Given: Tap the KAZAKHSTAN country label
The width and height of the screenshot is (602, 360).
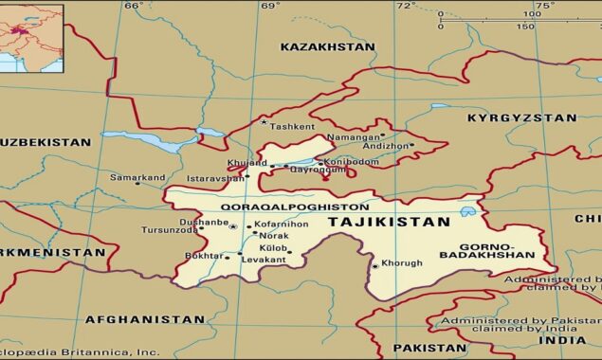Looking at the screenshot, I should click(x=327, y=46).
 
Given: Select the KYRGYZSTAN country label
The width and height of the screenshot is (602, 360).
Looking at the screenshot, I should click(x=521, y=118).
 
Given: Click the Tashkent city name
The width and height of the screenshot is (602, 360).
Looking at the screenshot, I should click(x=291, y=126).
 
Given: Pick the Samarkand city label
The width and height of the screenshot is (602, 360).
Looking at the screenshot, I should click(x=137, y=177).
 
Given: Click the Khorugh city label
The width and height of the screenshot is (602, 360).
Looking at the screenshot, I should click(x=400, y=262).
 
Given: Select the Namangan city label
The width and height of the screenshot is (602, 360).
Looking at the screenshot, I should click(x=352, y=137).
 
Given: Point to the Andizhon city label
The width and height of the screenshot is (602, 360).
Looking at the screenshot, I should click(x=386, y=146).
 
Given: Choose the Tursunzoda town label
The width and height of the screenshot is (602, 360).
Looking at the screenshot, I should click(x=171, y=230).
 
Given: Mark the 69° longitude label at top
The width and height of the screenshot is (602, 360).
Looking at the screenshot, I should click(x=271, y=6).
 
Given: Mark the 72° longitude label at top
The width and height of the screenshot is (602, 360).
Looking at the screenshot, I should click(x=407, y=6).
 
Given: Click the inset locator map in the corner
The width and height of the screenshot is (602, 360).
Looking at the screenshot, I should click(x=30, y=37).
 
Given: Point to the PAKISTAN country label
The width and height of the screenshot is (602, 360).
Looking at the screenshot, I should click(x=424, y=348).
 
